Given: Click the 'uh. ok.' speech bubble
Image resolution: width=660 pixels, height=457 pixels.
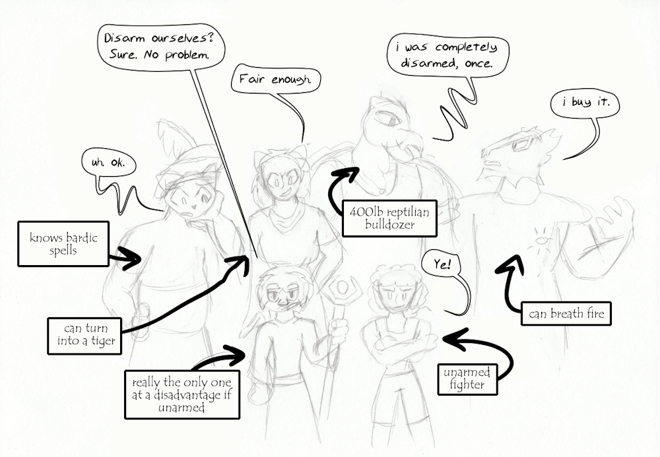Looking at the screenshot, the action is [109, 162].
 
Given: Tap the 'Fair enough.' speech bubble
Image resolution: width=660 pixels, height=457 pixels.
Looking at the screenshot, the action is [276, 79].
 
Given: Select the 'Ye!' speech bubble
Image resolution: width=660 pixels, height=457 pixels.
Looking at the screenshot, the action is [442, 265].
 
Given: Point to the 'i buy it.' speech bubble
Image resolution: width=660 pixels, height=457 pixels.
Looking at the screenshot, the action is [585, 102].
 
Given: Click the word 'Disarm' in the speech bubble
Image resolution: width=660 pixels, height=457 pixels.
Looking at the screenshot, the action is [125, 39].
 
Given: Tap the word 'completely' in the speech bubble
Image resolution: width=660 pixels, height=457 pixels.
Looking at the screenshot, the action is [466, 47].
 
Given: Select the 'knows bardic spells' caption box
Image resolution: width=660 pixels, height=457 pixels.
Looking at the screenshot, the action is [63, 244].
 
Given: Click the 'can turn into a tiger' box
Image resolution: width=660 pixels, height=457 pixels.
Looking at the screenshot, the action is [84, 336].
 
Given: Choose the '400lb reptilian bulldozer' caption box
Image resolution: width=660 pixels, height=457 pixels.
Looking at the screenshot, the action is [389, 218].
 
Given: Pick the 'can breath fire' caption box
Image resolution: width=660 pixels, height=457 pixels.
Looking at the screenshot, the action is [566, 313].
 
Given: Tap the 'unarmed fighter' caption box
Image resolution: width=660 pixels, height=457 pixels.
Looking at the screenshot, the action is [467, 379].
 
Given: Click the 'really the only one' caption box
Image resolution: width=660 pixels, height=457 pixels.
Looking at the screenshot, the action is [182, 394].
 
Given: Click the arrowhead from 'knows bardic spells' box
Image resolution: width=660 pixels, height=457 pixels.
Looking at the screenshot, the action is [131, 258].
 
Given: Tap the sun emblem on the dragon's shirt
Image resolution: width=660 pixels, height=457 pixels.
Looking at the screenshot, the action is [541, 238].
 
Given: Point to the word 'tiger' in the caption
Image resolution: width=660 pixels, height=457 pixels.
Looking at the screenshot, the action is [103, 342].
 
